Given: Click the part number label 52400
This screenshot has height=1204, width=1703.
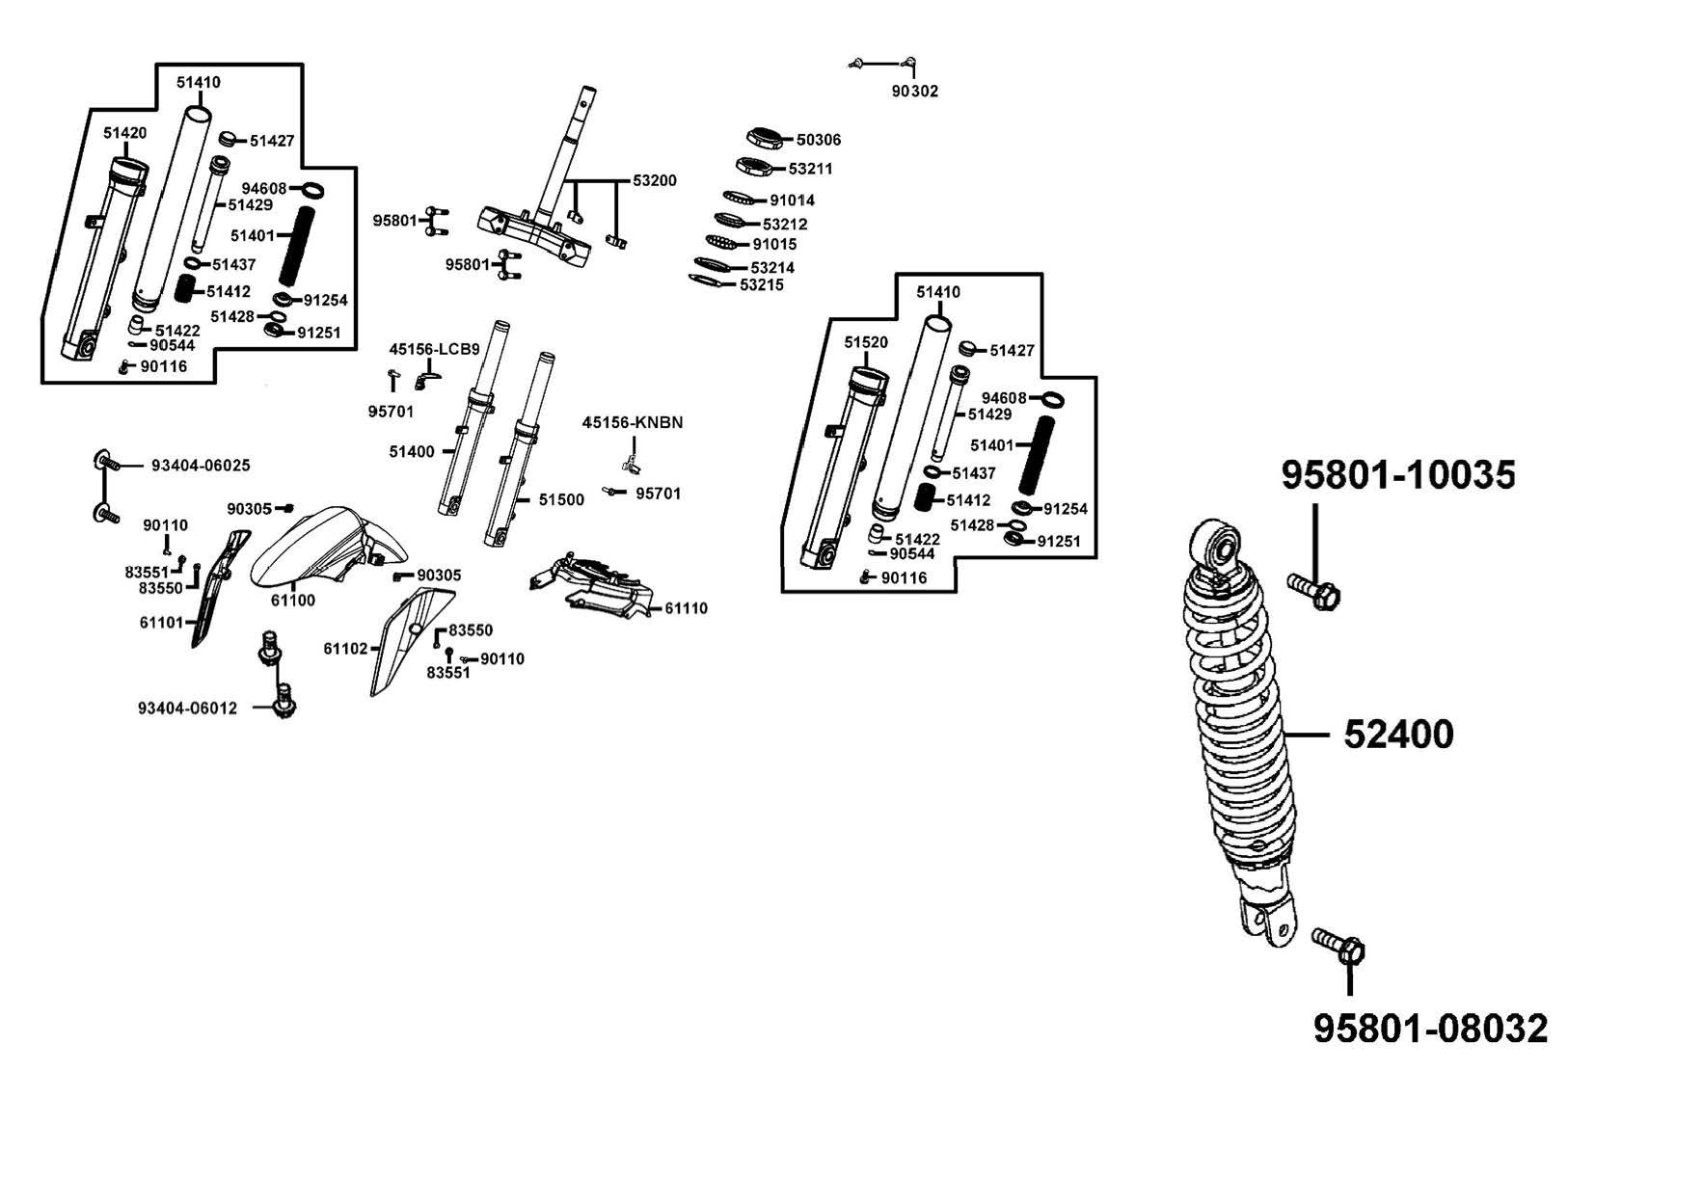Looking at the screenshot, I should click(x=1398, y=735).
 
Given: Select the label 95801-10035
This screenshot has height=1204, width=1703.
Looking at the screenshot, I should click(x=1398, y=474).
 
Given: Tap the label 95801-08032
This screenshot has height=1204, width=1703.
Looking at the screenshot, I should click(x=1430, y=1029).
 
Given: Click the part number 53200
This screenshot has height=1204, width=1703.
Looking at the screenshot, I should click(x=655, y=180).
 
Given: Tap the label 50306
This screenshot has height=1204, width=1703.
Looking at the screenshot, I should click(x=819, y=140).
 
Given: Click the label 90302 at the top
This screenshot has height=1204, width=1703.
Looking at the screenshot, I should click(x=914, y=91).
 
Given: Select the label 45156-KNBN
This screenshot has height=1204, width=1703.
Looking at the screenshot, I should click(x=633, y=422).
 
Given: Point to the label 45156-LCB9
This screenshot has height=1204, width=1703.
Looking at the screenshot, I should click(x=434, y=349).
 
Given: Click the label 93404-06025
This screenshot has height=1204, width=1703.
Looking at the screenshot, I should click(x=201, y=466).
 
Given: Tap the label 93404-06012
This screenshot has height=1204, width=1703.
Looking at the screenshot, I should click(x=187, y=709).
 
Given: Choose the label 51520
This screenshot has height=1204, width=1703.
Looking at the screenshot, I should click(x=865, y=342).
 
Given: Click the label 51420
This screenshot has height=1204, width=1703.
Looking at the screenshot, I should click(x=124, y=133).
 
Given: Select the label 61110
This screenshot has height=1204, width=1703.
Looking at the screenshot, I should click(x=686, y=608).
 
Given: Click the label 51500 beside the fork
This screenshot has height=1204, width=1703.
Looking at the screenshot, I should click(x=561, y=499).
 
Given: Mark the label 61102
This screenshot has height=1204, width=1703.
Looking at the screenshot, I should click(x=345, y=649).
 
